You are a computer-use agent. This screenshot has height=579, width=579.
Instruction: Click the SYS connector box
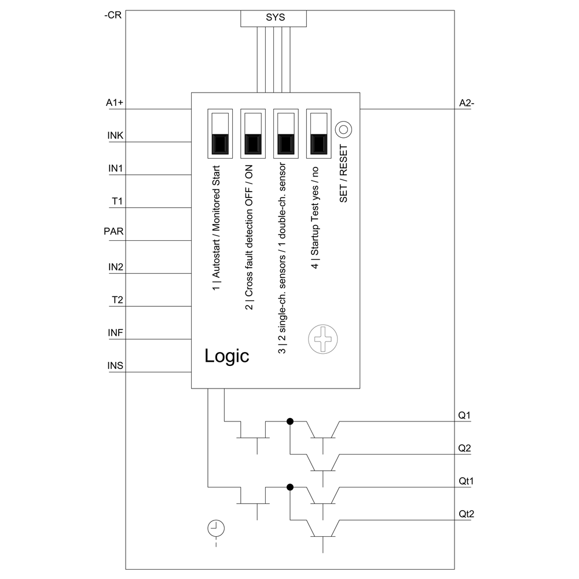273,18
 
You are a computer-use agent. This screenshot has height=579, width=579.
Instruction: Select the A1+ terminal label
115,102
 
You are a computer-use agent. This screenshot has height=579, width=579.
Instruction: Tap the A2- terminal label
467,103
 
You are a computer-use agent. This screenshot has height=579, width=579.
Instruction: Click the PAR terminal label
113,232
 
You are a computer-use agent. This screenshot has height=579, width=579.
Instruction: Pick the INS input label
115,366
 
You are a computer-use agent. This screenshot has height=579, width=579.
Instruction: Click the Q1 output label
464,415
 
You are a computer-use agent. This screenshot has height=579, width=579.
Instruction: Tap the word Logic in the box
226,356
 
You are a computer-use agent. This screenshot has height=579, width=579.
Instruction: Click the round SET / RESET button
344,129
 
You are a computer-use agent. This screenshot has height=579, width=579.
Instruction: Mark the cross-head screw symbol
323,339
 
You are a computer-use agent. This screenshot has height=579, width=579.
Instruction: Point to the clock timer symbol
215,527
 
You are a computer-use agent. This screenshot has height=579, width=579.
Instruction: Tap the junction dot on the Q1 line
290,422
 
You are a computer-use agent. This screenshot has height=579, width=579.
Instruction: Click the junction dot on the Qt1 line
290,488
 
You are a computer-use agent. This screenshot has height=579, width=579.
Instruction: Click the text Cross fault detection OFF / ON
249,237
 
